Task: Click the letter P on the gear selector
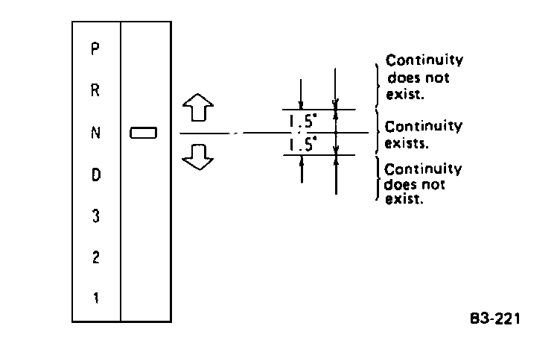pos(95,50)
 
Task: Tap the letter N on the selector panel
pos(95,133)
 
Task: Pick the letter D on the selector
pos(95,175)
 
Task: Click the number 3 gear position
pos(95,216)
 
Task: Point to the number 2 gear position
pos(95,258)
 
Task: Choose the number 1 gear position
pos(95,298)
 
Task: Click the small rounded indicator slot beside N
pos(144,133)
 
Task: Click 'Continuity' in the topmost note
pos(423,60)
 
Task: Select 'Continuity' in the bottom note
pos(423,169)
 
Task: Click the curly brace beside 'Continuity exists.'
pos(379,133)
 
